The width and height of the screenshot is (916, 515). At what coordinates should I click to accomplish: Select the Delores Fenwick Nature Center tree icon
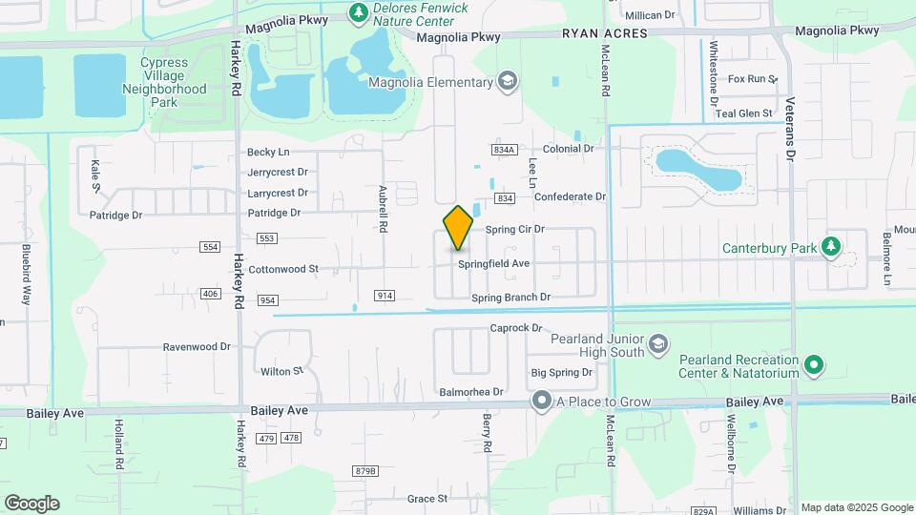[x=358, y=13]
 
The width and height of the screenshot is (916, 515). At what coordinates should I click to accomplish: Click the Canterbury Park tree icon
[x=832, y=248]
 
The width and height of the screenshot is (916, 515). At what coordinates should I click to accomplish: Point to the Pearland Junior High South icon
[x=656, y=343]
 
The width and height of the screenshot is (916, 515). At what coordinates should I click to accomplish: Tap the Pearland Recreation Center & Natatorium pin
[x=813, y=363]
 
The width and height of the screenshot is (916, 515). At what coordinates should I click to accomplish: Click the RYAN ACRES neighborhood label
[x=604, y=33]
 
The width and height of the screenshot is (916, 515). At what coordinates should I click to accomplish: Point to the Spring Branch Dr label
[x=511, y=298]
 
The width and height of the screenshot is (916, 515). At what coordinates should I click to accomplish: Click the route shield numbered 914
[x=385, y=296]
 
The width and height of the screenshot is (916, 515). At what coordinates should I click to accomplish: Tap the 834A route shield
[x=505, y=150]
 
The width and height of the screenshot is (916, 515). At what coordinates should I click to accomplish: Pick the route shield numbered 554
[x=210, y=247]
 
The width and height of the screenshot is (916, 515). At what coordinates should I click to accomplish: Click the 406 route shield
[x=210, y=294]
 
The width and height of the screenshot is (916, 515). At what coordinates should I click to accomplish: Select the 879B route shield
[x=364, y=471]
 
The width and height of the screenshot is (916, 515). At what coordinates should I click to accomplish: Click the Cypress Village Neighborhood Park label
[x=164, y=82]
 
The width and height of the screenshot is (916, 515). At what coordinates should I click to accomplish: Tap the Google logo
[x=31, y=504]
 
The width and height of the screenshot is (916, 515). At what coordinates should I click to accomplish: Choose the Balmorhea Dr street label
[x=470, y=392]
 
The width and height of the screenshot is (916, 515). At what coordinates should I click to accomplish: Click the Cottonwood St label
[x=283, y=270]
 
